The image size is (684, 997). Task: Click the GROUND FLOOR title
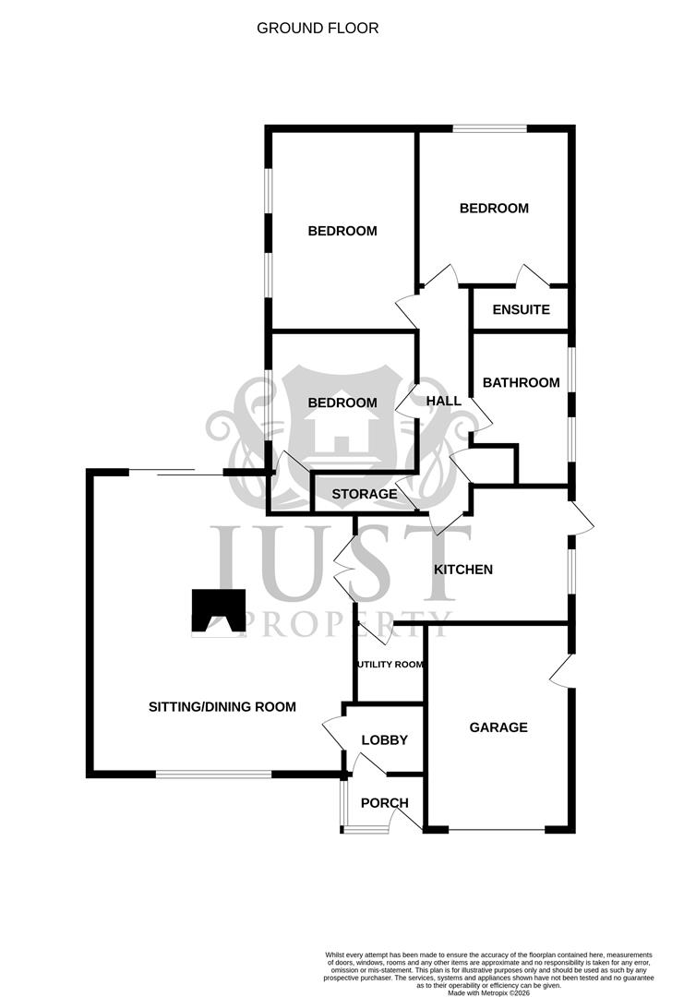coord(318,29)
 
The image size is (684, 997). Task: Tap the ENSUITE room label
coord(521,309)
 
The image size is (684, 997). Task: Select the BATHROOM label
coord(521,382)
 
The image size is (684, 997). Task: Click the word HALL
coord(443,401)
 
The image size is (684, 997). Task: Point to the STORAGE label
coord(364,494)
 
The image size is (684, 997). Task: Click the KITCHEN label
coord(463,570)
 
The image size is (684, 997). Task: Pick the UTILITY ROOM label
coord(390,664)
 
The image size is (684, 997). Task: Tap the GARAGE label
coord(498,727)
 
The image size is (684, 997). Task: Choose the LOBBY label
coord(384,740)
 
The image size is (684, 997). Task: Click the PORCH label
coord(384,803)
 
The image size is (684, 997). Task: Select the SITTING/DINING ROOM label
coord(222,707)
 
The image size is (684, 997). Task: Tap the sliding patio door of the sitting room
coord(175,473)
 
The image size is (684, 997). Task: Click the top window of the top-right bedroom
coord(489,128)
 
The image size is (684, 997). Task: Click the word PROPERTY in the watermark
coord(347,624)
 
